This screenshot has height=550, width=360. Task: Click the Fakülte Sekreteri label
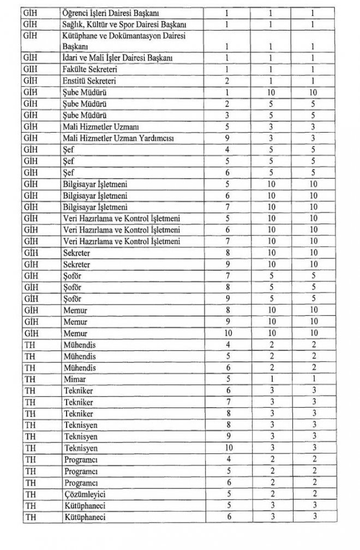(x=88, y=70)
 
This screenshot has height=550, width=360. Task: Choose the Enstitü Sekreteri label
(x=87, y=81)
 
